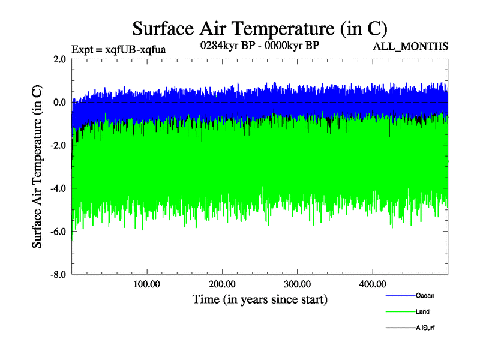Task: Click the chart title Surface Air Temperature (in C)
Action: (260, 28)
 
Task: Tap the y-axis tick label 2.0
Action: (59, 59)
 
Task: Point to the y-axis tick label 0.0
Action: (59, 103)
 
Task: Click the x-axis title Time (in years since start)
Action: (260, 299)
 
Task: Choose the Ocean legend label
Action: (425, 296)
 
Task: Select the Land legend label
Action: (422, 312)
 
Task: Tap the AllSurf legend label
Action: (425, 328)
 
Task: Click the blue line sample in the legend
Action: (399, 296)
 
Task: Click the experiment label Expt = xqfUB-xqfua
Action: (118, 49)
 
